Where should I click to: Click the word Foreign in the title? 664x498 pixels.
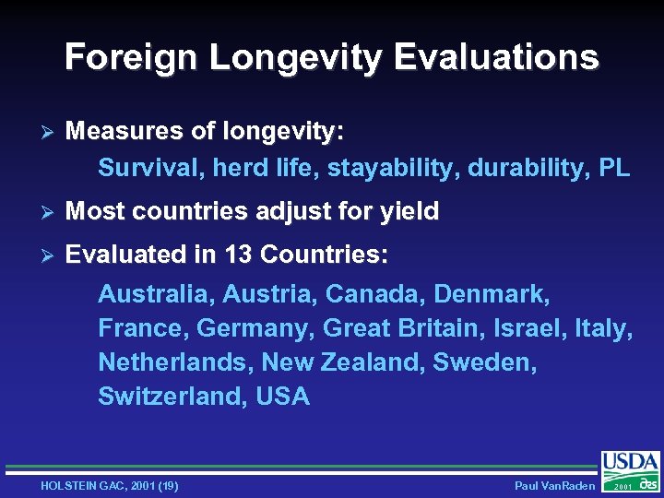coord(130,57)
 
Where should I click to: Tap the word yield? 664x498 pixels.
coord(408,212)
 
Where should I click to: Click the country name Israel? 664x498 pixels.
coord(526,328)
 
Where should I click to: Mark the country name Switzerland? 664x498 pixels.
coord(165,397)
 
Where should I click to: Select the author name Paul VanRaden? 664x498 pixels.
coord(554,486)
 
